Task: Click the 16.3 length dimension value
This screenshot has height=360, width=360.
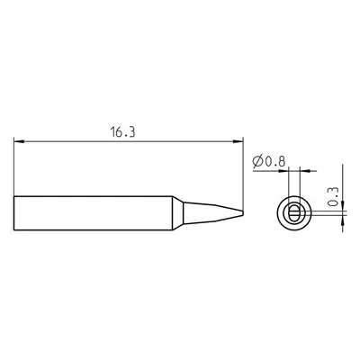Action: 122,132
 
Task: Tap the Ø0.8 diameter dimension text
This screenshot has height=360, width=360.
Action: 269,162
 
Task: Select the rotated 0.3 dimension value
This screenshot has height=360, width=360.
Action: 333,197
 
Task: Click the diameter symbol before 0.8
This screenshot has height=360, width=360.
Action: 258,162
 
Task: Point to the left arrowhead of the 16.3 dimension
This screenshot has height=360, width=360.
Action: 19,141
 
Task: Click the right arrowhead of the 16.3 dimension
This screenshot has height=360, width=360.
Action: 238,141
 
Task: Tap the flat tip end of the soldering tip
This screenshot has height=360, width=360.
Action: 242,213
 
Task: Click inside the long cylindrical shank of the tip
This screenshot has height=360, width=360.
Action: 93,213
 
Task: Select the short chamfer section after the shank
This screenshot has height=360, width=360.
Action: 178,213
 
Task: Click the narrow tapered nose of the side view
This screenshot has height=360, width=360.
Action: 213,213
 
